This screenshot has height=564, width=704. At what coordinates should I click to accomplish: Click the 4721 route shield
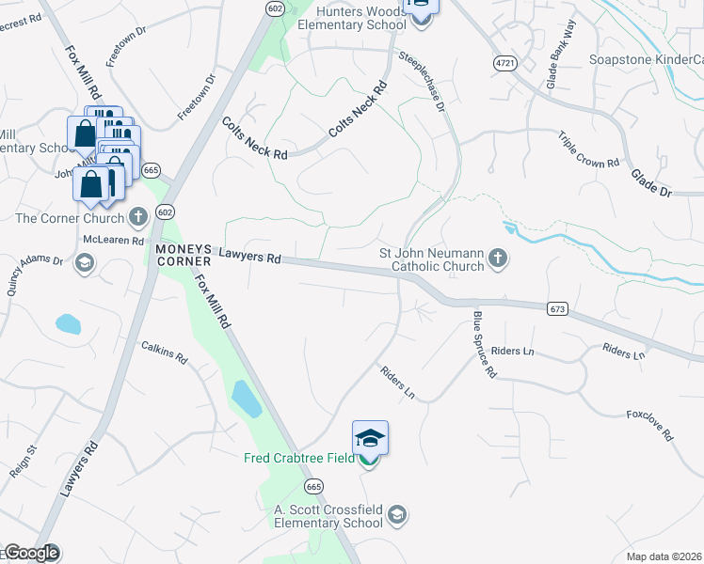coord(505,62)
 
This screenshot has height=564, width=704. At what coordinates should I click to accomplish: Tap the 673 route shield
coord(557,308)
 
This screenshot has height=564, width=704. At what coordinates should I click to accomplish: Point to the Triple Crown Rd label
coord(588,149)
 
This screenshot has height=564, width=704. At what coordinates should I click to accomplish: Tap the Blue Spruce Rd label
coord(484,345)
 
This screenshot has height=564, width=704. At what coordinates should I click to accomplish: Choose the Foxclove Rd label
coord(649,426)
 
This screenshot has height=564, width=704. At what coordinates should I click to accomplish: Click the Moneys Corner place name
coord(185,255)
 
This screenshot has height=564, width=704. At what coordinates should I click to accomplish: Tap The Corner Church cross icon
coord(138,218)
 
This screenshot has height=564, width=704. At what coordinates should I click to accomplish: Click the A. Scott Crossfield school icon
coord(397,514)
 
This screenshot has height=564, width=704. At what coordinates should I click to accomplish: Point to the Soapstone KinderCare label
coord(646,59)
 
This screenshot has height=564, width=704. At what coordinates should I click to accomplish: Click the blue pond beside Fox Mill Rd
coord(245,399)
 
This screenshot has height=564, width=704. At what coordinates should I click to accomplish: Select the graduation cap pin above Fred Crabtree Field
coord(370,438)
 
